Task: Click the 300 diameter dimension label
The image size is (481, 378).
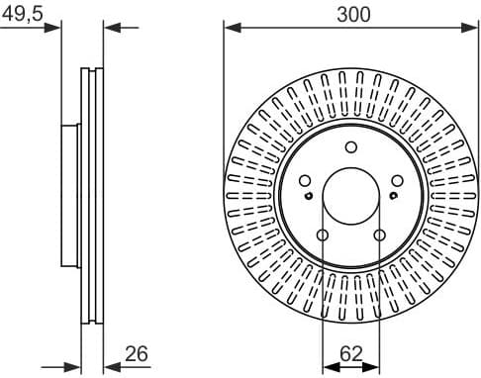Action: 351,15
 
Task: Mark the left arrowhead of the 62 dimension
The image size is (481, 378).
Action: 329,366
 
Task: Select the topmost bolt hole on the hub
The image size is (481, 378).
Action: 350,147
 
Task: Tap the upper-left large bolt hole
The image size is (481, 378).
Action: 305,180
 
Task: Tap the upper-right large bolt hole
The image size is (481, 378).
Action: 396,180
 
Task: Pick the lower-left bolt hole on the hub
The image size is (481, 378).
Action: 323,235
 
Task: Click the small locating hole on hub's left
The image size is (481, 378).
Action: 309,195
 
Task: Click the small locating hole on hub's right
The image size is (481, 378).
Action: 393,195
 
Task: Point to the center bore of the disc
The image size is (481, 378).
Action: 350,196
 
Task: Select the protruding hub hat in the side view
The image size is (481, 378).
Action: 69,195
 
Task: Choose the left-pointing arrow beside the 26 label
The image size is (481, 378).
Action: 112,366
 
